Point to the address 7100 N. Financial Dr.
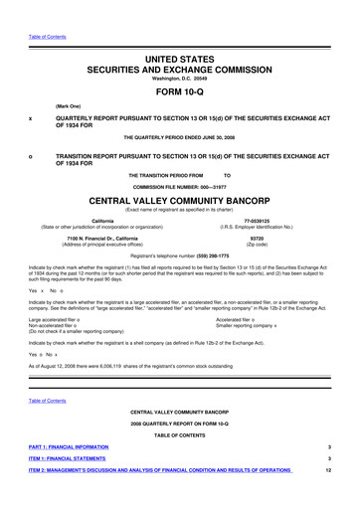coord(101,239)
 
